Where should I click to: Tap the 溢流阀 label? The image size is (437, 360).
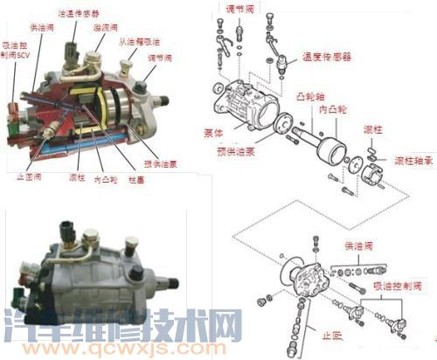point(106,27)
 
